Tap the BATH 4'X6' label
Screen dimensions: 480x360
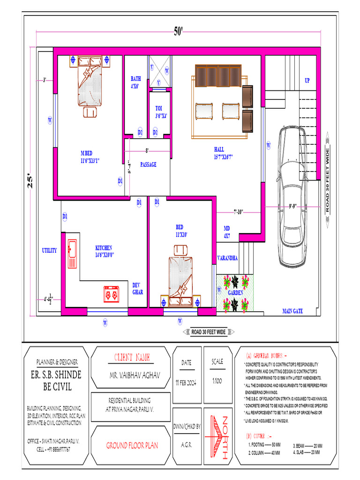pyautogui.click(x=135, y=82)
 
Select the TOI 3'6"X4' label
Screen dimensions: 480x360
pyautogui.click(x=161, y=112)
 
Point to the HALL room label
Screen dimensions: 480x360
pyautogui.click(x=219, y=153)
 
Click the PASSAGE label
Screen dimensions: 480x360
pyautogui.click(x=148, y=165)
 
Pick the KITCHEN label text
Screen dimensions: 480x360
pyautogui.click(x=105, y=251)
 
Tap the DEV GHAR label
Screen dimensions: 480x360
pyautogui.click(x=137, y=288)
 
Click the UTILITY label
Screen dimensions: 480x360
pyautogui.click(x=49, y=250)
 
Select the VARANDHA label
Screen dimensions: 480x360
pyautogui.click(x=227, y=258)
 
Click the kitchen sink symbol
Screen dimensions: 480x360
pyautogui.click(x=72, y=253)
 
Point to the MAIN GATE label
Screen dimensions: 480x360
pyautogui.click(x=292, y=311)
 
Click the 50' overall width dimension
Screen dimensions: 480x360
pyautogui.click(x=179, y=31)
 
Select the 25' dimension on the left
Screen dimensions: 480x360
pyautogui.click(x=30, y=182)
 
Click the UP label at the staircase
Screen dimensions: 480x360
pyautogui.click(x=307, y=81)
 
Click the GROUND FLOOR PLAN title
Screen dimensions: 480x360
pyautogui.click(x=132, y=445)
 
